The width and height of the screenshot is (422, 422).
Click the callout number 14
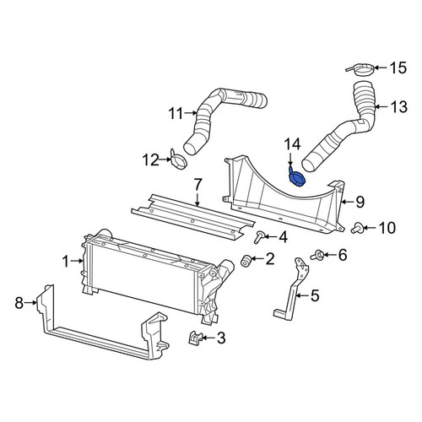(292, 144)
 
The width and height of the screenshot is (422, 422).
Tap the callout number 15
(398, 68)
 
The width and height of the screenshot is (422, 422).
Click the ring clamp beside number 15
(361, 70)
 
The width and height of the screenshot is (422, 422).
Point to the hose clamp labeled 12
(178, 160)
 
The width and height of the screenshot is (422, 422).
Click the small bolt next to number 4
(258, 238)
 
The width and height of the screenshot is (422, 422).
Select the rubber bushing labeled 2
(246, 260)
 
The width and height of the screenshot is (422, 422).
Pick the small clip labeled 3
(195, 338)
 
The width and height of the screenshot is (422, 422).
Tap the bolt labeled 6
(316, 255)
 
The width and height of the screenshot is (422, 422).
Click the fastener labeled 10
(357, 228)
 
